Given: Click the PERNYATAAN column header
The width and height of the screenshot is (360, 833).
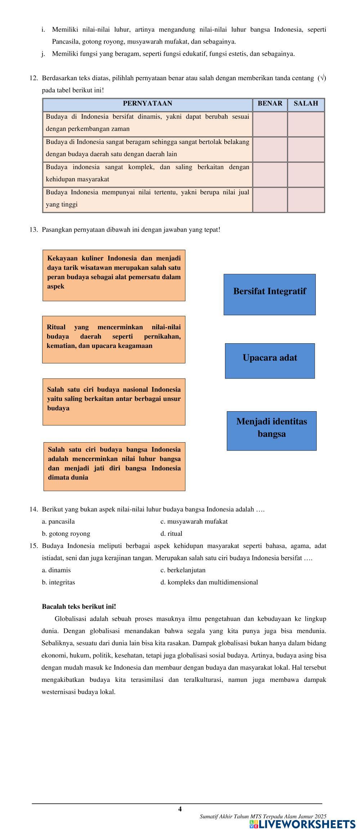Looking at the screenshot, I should pos(148,104).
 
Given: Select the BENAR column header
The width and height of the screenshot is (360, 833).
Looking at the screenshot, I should pos(270,104).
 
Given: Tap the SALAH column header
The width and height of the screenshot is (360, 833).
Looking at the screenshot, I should pos(306,104).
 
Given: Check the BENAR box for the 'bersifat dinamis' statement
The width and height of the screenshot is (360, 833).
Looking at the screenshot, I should pos(270,124).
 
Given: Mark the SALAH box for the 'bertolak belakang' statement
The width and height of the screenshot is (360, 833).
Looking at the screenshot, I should pos(306,149).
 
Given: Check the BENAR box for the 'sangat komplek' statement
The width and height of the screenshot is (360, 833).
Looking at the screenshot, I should pos(270,174).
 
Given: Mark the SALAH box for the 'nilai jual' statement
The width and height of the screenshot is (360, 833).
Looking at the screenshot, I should pos(306,199).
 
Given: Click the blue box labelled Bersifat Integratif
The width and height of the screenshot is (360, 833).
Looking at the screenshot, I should pos(269,294).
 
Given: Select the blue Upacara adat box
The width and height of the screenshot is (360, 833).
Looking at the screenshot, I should pos(270,361).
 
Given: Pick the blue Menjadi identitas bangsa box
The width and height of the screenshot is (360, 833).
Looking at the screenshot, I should pos(271,430).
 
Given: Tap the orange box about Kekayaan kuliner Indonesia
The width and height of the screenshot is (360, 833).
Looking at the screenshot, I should pos(114,275).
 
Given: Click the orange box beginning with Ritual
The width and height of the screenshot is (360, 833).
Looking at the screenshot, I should pos(114,339).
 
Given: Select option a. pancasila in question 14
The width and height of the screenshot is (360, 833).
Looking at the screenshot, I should pos(58,521).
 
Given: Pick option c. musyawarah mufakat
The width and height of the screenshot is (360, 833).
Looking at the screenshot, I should pos(194,521).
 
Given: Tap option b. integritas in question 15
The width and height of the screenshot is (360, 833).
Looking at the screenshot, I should pos(58,582).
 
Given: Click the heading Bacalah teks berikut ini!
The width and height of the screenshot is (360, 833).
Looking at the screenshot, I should pos(79,606).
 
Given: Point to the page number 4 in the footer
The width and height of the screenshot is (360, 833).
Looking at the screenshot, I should pos(180,809).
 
